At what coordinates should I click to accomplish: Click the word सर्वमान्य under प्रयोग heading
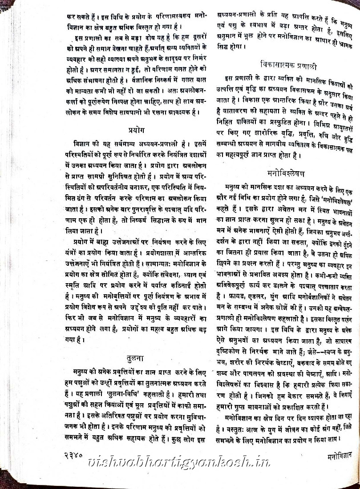(131, 143)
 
